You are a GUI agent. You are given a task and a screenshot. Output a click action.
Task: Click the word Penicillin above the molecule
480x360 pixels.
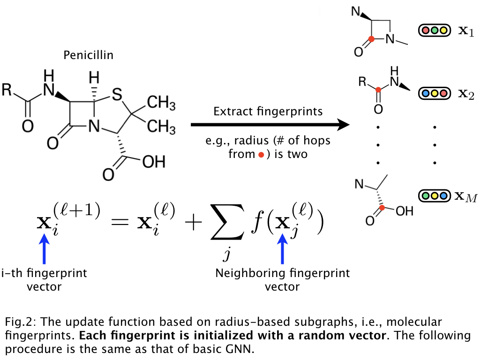click(x=88, y=55)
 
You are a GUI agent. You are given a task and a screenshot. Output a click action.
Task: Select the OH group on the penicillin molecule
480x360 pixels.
click(x=153, y=162)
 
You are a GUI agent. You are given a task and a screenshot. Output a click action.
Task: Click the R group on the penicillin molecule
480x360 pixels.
click(x=7, y=90)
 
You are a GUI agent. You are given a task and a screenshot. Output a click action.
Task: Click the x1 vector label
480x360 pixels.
click(x=465, y=32)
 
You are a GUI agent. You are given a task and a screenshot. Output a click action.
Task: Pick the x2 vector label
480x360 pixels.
click(x=465, y=94)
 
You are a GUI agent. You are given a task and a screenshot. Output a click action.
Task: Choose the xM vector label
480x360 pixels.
click(x=465, y=196)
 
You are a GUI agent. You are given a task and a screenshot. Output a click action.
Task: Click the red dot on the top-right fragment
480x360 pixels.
click(x=371, y=39)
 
